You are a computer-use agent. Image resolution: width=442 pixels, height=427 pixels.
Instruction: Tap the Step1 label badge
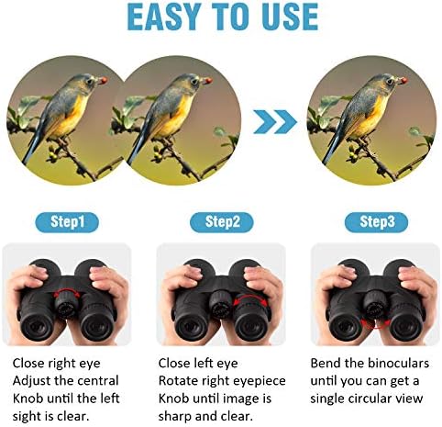(x=67, y=221)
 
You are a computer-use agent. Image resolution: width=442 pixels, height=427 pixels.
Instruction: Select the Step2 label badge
(x=222, y=221)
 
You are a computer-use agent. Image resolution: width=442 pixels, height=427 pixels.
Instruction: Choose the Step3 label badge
(x=377, y=221)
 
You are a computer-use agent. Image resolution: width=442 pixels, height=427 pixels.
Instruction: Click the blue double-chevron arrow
(x=275, y=122)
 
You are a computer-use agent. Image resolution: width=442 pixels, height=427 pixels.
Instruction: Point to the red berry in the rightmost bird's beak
(x=403, y=81)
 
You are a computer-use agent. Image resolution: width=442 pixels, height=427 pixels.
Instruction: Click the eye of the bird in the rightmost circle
(x=390, y=82)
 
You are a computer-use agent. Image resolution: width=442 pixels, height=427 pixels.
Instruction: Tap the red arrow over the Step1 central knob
(x=67, y=293)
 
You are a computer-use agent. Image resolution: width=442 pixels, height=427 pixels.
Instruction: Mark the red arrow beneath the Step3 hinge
(x=375, y=326)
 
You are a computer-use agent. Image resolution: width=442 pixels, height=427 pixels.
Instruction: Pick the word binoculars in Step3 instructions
(x=399, y=363)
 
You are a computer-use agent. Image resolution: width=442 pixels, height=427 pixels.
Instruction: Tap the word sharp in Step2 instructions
(x=175, y=417)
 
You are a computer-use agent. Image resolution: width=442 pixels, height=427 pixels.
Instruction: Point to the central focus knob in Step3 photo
(x=376, y=304)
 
